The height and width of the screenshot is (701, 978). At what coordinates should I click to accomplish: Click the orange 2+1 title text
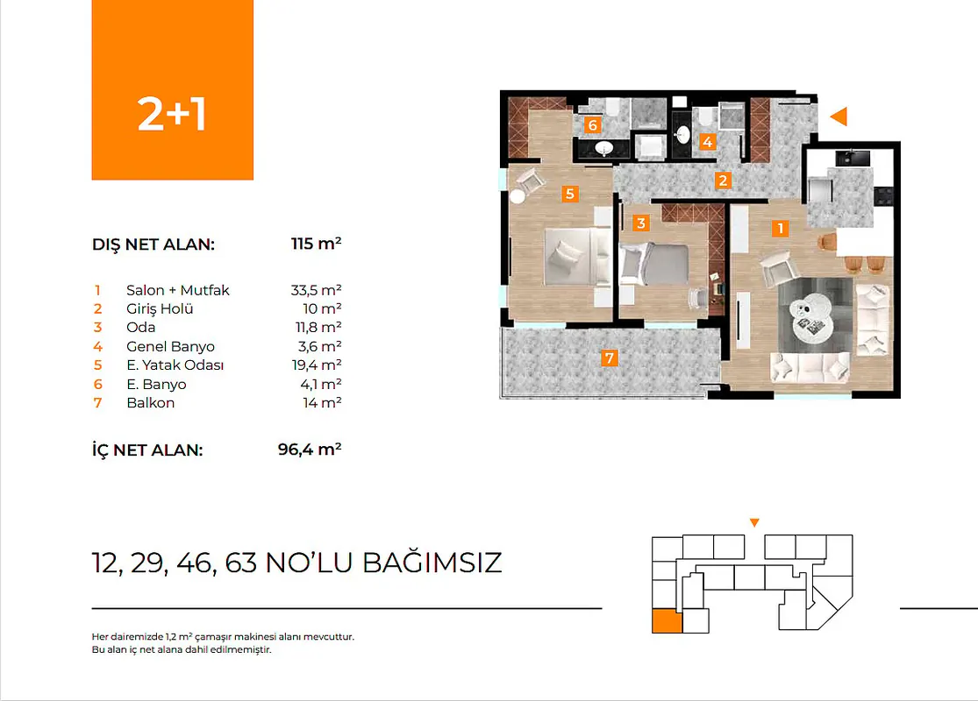tap(172, 115)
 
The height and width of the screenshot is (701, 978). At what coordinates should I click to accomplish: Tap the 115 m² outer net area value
tap(317, 244)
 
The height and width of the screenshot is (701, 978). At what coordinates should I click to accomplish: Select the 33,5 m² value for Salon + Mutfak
tap(317, 290)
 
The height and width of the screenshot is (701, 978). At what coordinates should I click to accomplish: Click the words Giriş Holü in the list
tap(160, 309)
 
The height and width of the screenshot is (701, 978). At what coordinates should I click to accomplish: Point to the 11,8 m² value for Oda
tap(318, 328)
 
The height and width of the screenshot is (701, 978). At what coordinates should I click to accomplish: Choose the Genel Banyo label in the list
tap(170, 346)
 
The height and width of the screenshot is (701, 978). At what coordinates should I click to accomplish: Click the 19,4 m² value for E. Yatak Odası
tap(317, 365)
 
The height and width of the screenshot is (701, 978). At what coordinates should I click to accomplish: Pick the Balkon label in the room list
tap(150, 403)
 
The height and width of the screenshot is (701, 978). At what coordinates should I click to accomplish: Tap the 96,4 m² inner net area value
tap(310, 450)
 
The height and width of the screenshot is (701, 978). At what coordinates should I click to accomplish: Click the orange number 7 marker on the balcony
tap(610, 358)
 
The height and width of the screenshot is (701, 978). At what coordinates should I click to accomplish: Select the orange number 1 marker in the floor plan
tap(781, 229)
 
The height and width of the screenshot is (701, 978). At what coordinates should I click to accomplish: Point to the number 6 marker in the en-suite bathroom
tap(593, 125)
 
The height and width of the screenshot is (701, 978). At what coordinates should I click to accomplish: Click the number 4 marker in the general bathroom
tap(707, 142)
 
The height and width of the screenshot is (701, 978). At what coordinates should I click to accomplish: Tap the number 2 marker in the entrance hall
tap(723, 181)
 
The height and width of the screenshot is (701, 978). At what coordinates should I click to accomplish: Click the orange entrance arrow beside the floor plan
tap(840, 117)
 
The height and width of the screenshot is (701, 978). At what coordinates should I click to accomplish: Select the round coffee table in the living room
tap(810, 316)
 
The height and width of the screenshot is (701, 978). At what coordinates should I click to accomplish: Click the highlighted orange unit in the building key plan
tap(667, 622)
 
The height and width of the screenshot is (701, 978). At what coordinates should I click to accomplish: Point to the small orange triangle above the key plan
tap(754, 523)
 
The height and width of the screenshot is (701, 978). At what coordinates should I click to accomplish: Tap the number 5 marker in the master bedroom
tap(569, 194)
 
